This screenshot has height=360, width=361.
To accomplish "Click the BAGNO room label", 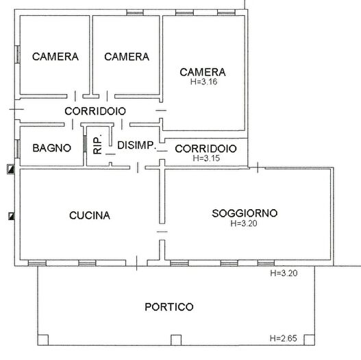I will pyautogui.click(x=52, y=147).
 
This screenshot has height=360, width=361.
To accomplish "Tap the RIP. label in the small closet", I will pyautogui.click(x=98, y=142).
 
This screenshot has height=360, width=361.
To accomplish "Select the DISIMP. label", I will pyautogui.click(x=137, y=145).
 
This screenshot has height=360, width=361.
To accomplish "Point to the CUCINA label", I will pyautogui.click(x=90, y=215).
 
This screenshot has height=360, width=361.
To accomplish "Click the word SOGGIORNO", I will pyautogui.click(x=244, y=213).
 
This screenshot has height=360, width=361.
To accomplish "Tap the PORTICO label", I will pyautogui.click(x=169, y=307).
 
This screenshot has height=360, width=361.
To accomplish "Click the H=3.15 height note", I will pyautogui.click(x=205, y=158).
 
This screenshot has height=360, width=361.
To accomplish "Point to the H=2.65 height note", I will pyautogui.click(x=284, y=338).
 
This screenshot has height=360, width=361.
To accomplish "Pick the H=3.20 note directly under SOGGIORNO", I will pyautogui.click(x=244, y=223).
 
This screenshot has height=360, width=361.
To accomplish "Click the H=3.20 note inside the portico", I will pyautogui.click(x=284, y=273).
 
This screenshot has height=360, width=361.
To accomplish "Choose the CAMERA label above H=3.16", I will pyautogui.click(x=203, y=71).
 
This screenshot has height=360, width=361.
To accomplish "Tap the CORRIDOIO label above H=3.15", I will pyautogui.click(x=206, y=148).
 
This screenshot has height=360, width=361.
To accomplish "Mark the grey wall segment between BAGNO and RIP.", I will pyautogui.click(x=84, y=145).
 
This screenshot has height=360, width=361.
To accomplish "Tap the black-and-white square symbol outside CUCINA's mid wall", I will pyautogui.click(x=11, y=217).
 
